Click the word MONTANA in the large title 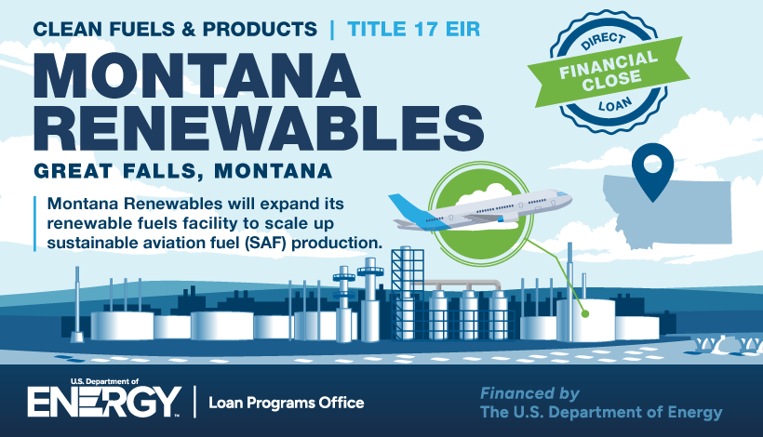[x=197, y=76]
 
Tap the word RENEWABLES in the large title [x=259, y=128]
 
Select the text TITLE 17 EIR [x=414, y=30]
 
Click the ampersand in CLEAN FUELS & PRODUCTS [x=188, y=30]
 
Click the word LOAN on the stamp [x=615, y=104]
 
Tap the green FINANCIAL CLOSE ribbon [x=609, y=72]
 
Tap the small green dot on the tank [x=585, y=314]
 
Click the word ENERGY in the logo [x=104, y=402]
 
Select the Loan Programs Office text [x=287, y=403]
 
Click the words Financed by [x=529, y=393]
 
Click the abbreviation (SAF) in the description [x=266, y=243]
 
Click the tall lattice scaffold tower [x=408, y=294]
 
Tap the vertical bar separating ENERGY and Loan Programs [x=195, y=402]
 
